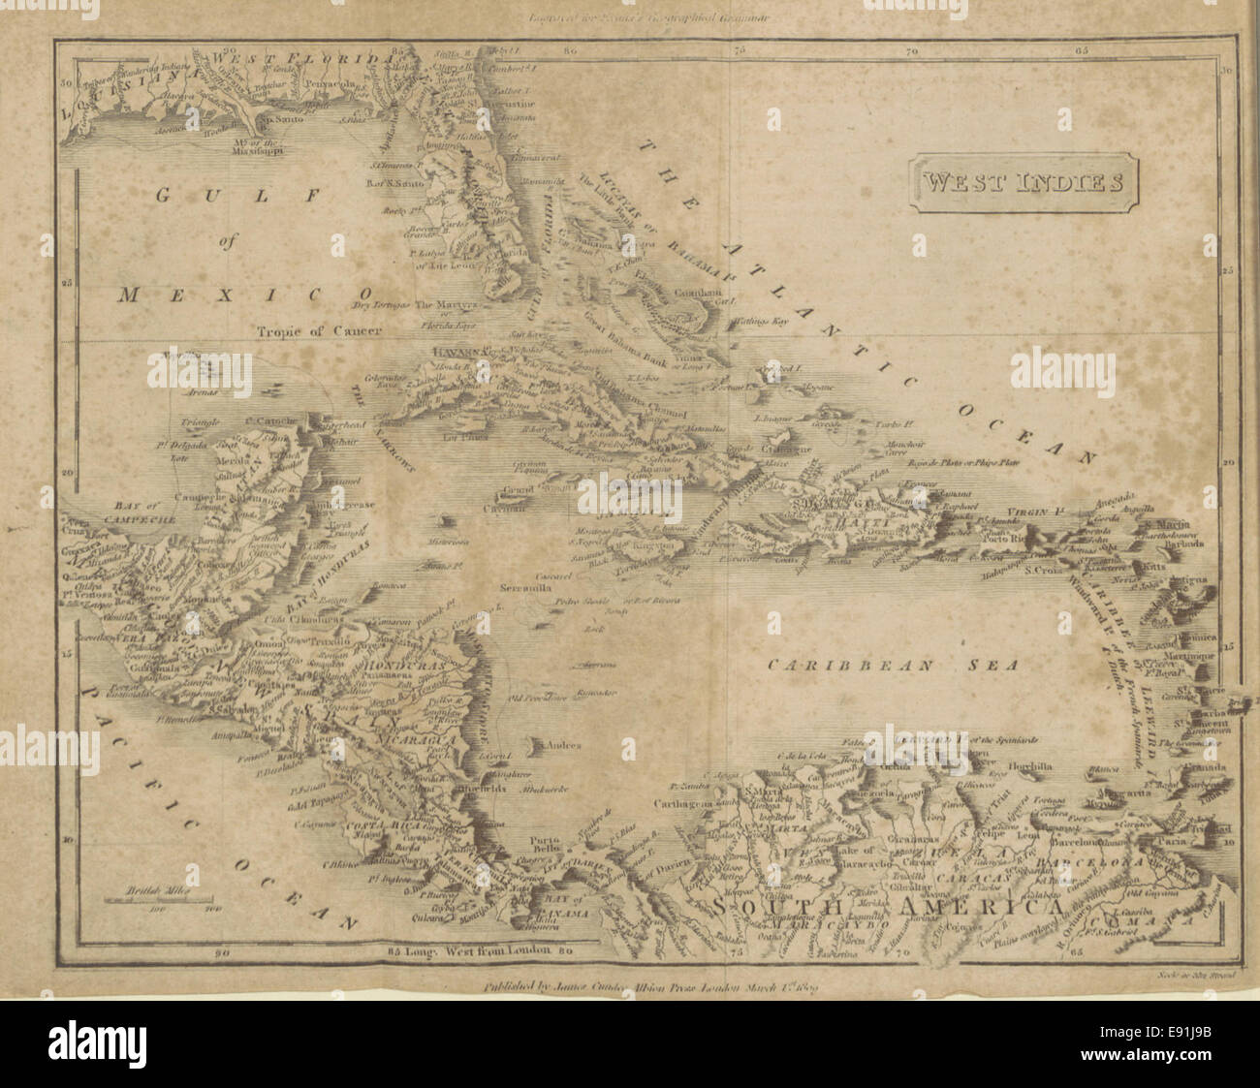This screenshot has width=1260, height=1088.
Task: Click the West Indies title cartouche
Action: (x=1022, y=181)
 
